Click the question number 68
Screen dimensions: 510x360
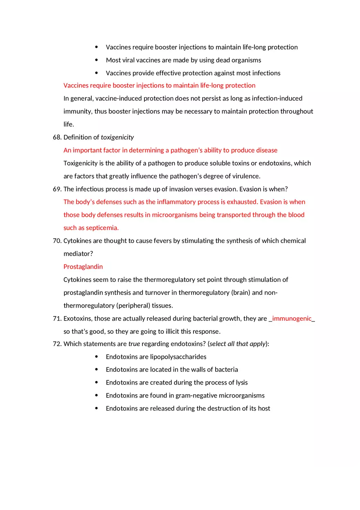tap(57, 137)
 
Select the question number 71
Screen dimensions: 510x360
tap(57, 319)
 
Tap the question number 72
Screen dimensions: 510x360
tap(57, 344)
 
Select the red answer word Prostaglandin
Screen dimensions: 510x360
tap(83, 267)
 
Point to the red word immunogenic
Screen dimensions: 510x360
tap(292, 319)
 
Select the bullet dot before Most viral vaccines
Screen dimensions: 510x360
tap(97, 60)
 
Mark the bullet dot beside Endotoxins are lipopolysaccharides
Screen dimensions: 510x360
tap(97, 357)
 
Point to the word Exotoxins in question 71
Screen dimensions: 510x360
tap(78, 319)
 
